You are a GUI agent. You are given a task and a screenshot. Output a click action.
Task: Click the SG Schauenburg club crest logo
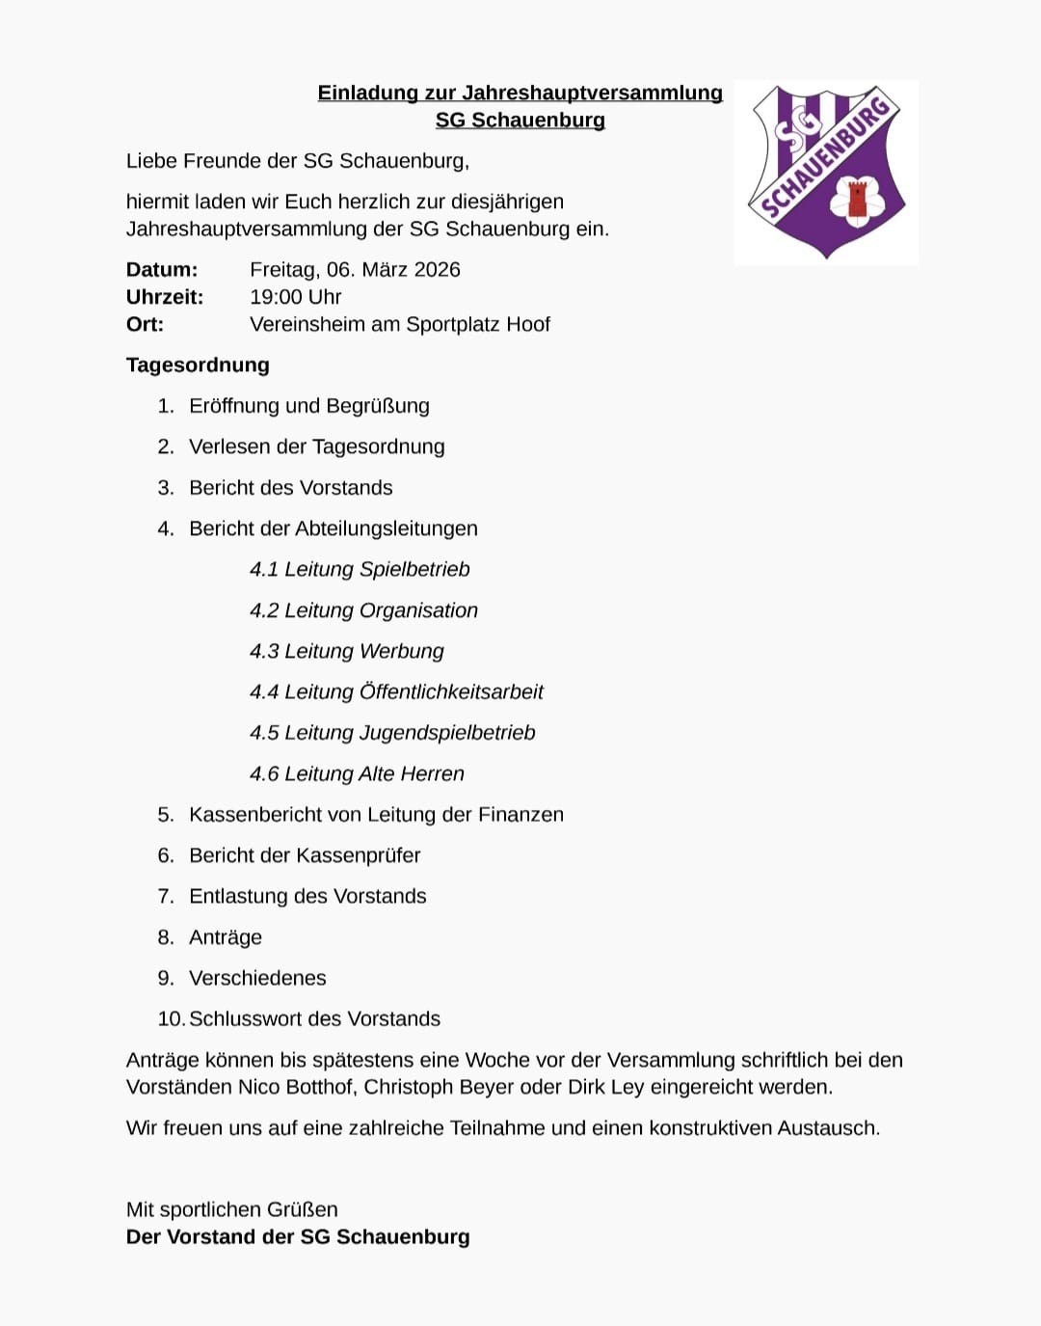point(826,171)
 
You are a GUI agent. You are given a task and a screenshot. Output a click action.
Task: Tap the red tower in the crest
point(857,200)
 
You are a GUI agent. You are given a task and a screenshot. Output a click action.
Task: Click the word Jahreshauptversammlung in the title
point(592,93)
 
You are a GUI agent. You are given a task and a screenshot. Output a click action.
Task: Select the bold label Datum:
point(162,270)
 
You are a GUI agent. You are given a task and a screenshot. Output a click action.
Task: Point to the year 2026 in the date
point(437,270)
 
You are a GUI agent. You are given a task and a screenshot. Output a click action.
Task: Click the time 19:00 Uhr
point(296,297)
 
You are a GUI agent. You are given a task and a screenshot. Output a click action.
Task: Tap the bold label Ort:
point(145,324)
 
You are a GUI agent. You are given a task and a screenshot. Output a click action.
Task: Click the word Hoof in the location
point(527,324)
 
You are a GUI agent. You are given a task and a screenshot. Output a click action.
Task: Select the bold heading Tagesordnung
point(198,365)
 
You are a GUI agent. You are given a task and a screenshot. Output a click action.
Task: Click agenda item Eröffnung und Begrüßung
point(308,406)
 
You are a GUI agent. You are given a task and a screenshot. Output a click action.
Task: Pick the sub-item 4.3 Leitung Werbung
point(347,651)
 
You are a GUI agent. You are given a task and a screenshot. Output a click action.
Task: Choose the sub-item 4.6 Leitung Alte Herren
point(357,773)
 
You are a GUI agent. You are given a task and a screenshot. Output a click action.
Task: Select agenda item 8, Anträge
point(226,937)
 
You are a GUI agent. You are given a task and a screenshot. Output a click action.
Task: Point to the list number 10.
point(170,1019)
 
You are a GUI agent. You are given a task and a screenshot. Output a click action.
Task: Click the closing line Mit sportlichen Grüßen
point(231,1209)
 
